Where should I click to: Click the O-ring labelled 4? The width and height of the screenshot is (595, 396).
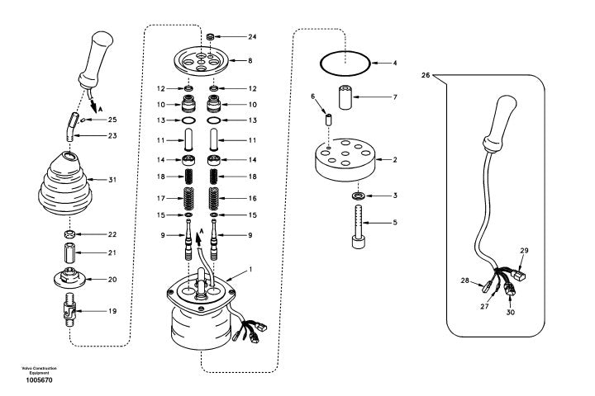pyautogui.click(x=321, y=63)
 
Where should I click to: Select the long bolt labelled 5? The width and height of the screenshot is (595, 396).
pyautogui.click(x=358, y=227)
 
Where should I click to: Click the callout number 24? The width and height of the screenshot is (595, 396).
pyautogui.click(x=252, y=37)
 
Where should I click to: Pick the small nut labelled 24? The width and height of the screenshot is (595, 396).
pyautogui.click(x=211, y=36)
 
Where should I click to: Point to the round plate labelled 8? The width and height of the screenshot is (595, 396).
pyautogui.click(x=201, y=60)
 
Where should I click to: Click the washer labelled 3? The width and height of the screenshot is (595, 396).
pyautogui.click(x=358, y=196)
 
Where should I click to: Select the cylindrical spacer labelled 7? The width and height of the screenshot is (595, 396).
pyautogui.click(x=345, y=98)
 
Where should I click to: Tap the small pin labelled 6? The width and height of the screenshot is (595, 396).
pyautogui.click(x=329, y=120)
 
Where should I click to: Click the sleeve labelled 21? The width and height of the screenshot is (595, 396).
pyautogui.click(x=69, y=253)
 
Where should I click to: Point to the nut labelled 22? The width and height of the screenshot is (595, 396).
pyautogui.click(x=69, y=234)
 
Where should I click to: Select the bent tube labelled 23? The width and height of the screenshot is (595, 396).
pyautogui.click(x=71, y=127)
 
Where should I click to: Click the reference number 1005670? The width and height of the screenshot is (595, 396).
pyautogui.click(x=39, y=380)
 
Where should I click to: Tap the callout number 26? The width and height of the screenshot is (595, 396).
pyautogui.click(x=426, y=75)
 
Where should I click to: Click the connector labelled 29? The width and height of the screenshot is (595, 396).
pyautogui.click(x=519, y=275)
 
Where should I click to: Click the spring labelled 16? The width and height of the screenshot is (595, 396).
pyautogui.click(x=214, y=199)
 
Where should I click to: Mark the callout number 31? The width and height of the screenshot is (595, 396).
pyautogui.click(x=112, y=180)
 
